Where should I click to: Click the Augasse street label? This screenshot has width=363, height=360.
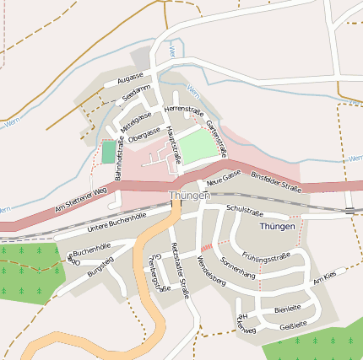pyautogui.click(x=131, y=78)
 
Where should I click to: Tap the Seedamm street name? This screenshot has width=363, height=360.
pyautogui.click(x=136, y=93)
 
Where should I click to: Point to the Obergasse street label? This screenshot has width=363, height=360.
pyautogui.click(x=144, y=132)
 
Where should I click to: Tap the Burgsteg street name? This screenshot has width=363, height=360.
pyautogui.click(x=100, y=271)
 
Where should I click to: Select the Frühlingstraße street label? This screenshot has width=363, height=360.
pyautogui.click(x=265, y=255)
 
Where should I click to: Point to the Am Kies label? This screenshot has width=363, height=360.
pyautogui.click(x=323, y=278)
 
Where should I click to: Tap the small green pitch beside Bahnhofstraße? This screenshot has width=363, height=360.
pyautogui.click(x=108, y=153)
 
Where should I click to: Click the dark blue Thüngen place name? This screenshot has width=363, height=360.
pyautogui.click(x=278, y=227)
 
